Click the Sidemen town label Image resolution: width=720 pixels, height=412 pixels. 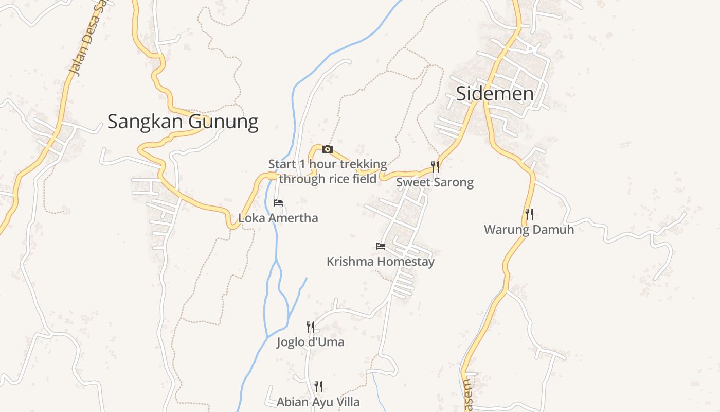(x=495, y=94)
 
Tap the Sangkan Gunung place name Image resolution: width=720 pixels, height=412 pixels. (x=183, y=122)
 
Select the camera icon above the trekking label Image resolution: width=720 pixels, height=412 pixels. (x=327, y=149)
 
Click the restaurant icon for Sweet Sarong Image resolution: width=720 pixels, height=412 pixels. (x=435, y=166)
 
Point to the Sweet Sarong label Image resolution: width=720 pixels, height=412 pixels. (x=435, y=182)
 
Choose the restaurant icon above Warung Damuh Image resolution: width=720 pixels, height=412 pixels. (x=529, y=214)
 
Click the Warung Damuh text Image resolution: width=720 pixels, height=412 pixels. (x=529, y=230)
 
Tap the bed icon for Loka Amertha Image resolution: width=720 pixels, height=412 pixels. (x=278, y=203)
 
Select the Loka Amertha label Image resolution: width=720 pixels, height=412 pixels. (x=278, y=218)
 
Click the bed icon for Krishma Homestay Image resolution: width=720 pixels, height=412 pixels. (x=381, y=246)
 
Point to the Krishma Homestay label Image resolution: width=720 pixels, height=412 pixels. (x=381, y=262)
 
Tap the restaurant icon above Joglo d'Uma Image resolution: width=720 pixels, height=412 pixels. (x=310, y=327)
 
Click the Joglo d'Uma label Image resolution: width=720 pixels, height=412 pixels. (x=310, y=342)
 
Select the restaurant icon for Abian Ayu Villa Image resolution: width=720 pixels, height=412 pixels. (x=318, y=386)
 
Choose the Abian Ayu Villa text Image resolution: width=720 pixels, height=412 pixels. (x=318, y=402)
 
